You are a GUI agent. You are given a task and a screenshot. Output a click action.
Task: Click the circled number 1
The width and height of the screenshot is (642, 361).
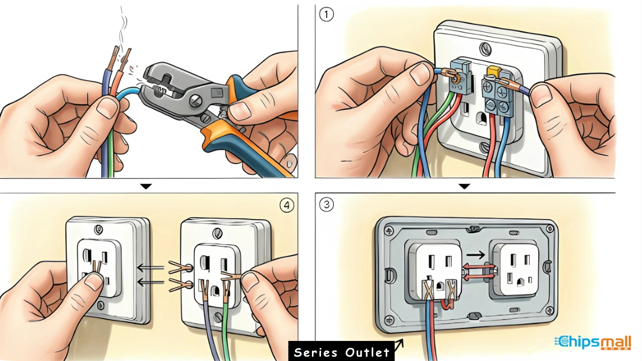coord(326,15)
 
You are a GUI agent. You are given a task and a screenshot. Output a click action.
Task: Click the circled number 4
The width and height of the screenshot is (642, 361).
coord(286,206)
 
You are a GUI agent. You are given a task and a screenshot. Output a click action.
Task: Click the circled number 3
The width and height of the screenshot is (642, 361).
coord(326,205)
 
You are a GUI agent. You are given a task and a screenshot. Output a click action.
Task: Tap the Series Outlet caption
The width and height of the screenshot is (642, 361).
coord(342,352)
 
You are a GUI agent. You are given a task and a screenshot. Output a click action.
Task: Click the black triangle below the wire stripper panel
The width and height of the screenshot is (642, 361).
coord(146,186)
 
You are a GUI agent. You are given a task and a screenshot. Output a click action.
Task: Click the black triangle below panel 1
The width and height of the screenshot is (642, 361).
coord(464,186)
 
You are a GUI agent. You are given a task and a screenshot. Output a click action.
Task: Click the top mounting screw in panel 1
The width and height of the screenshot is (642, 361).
coord(485,49)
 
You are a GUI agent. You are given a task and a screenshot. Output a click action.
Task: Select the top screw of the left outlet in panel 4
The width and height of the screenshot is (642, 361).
coord(98,229)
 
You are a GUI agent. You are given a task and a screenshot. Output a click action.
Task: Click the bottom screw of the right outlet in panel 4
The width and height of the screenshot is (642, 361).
coord(219,317)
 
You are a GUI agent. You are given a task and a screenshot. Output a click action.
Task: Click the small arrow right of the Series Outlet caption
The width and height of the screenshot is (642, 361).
coord(399,344)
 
